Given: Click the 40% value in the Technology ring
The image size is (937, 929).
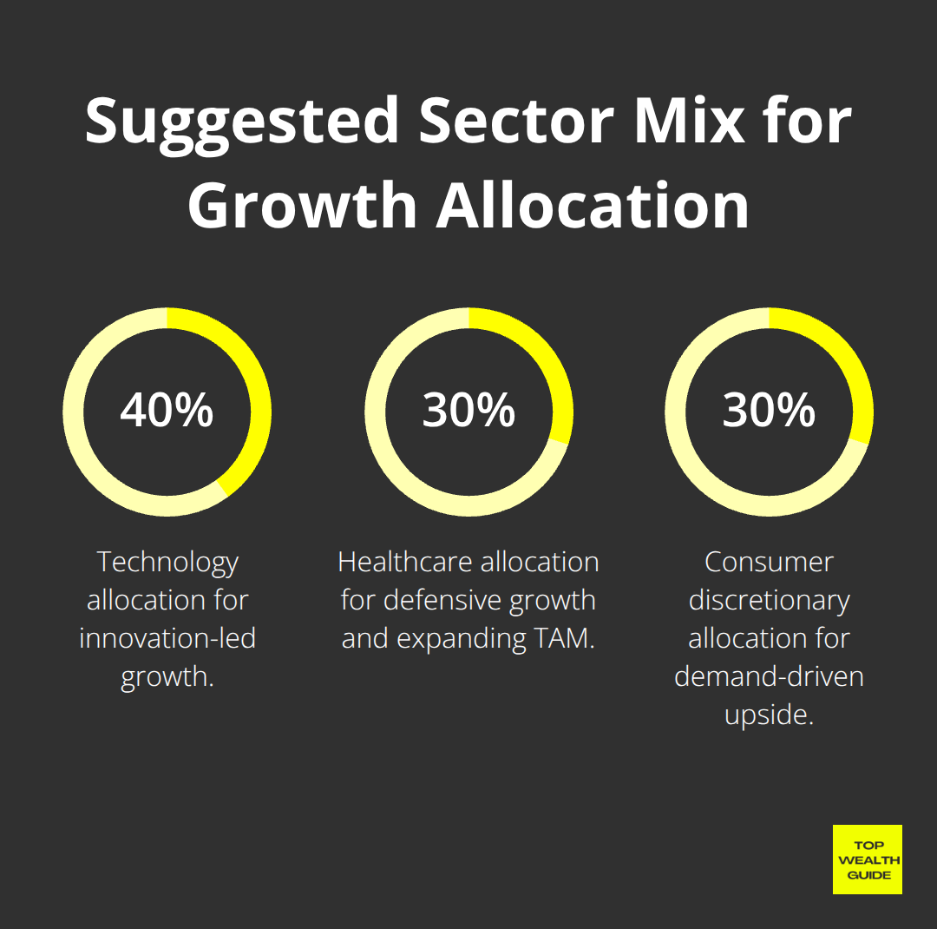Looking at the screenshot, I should click(x=167, y=411).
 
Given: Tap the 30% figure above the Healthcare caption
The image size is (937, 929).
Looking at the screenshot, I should click(x=468, y=411).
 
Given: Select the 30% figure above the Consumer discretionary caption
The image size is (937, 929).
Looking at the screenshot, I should click(x=769, y=411).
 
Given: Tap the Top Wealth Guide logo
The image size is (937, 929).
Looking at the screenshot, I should click(x=867, y=860).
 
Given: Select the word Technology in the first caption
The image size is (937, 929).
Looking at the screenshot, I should click(x=167, y=563).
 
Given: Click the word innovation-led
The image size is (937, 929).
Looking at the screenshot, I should click(x=167, y=638).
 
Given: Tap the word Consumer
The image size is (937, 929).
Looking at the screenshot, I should click(x=769, y=563).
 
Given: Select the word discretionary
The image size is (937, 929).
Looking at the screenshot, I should click(x=769, y=600).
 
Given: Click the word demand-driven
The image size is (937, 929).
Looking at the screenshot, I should click(x=769, y=676).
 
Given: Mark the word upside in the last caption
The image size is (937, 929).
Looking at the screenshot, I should click(x=763, y=715).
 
